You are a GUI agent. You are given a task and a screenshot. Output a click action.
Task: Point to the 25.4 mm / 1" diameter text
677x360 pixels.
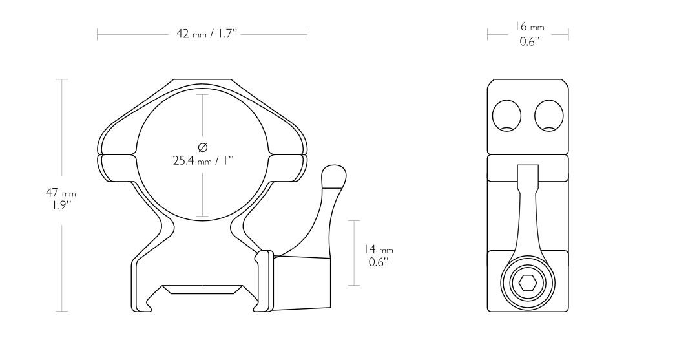tap(202, 160)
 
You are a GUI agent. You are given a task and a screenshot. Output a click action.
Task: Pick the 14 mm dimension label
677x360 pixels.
tap(377, 249)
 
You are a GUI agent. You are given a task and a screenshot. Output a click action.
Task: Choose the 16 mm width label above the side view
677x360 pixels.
tap(529, 27)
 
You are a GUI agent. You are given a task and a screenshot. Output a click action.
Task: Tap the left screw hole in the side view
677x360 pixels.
tap(507, 116)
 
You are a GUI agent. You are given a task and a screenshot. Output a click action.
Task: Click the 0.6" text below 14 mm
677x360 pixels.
tap(377, 262)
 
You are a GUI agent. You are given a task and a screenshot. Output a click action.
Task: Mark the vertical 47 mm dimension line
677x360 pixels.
tap(62, 129)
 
